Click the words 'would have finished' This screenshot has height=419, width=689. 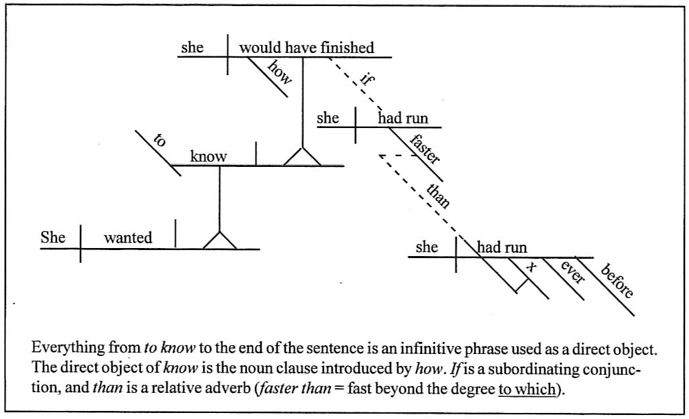(x=307, y=48)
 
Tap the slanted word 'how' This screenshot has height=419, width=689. (x=280, y=72)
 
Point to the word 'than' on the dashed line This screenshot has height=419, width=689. (x=438, y=194)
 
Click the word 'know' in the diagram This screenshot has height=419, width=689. (x=209, y=157)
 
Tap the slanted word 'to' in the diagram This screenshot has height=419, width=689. (x=160, y=141)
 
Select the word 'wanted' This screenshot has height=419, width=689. (x=127, y=237)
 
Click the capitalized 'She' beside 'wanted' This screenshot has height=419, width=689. (x=53, y=237)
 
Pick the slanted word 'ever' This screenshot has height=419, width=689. (x=573, y=273)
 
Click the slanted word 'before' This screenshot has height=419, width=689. (x=617, y=281)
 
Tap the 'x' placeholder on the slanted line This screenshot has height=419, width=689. (x=532, y=267)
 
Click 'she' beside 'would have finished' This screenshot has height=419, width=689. (x=192, y=48)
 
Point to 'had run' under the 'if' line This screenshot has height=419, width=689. (x=403, y=119)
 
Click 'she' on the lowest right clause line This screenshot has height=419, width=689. (x=427, y=247)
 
